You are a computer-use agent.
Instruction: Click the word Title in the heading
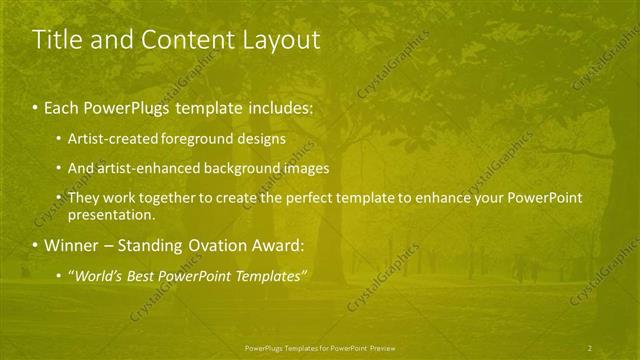click(x=58, y=40)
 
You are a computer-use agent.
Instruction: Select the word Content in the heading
click(x=175, y=40)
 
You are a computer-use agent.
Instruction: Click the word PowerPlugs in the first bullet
click(x=124, y=105)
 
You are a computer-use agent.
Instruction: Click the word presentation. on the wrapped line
click(x=112, y=214)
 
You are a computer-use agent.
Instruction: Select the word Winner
click(x=71, y=246)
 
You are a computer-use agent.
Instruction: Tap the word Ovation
click(x=213, y=246)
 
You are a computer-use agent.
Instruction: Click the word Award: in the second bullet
click(x=277, y=246)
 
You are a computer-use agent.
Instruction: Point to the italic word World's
click(x=99, y=275)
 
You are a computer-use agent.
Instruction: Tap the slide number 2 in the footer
click(x=590, y=347)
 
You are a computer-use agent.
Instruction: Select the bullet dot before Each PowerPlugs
click(x=36, y=105)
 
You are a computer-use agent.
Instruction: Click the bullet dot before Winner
click(x=36, y=246)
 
